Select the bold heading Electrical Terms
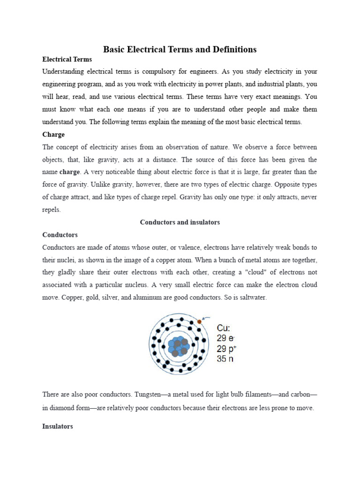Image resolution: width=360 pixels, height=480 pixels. point(67,60)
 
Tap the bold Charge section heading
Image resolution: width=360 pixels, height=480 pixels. point(53,135)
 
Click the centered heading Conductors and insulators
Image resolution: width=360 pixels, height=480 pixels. point(180,222)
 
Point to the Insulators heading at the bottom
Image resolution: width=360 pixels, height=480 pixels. point(58,427)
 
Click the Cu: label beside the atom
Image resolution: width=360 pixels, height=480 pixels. point(223,328)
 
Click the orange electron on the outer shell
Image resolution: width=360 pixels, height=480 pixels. point(199,322)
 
